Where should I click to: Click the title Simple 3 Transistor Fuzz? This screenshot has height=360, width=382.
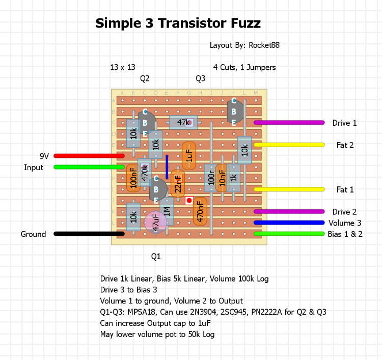click(178, 23)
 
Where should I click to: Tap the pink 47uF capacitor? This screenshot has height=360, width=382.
click(155, 223)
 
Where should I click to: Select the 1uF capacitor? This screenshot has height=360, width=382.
click(189, 156)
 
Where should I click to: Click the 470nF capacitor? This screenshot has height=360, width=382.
click(200, 211)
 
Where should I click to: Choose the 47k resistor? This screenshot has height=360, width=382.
click(183, 122)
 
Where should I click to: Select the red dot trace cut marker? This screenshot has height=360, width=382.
click(189, 201)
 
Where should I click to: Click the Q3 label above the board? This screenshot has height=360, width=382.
click(200, 78)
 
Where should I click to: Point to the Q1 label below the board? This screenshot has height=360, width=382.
click(156, 256)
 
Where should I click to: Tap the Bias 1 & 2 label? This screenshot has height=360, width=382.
click(345, 234)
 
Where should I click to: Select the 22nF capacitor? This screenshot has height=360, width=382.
click(178, 184)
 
